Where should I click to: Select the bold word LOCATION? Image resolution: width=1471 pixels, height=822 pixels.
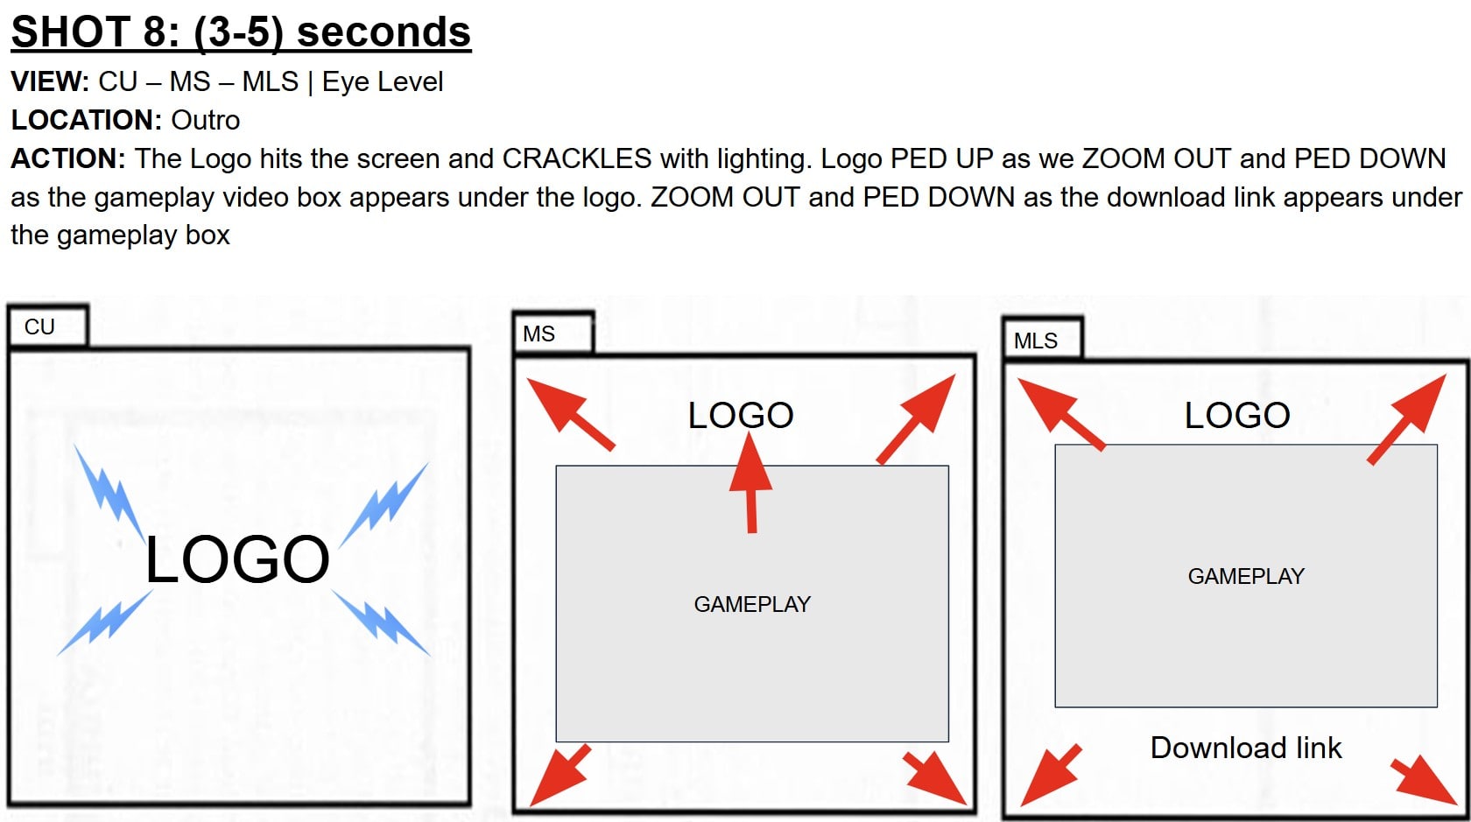87,120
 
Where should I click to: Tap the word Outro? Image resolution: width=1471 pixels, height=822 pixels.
206,120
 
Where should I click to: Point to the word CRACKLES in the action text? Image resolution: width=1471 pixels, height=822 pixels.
576,159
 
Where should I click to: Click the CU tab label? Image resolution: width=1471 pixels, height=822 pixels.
39,327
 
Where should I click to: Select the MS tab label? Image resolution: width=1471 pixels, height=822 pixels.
538,334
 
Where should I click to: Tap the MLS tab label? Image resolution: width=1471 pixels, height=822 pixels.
1036,341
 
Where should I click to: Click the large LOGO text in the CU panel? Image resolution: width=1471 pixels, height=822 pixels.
237,559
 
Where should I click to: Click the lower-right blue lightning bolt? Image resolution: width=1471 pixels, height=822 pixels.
381,622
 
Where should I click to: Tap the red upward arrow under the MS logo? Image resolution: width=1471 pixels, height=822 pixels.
750,481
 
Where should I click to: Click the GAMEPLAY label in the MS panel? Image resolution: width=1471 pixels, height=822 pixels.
753,605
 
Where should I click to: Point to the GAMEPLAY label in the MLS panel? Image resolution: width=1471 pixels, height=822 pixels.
1247,576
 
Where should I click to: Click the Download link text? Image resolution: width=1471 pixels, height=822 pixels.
1246,748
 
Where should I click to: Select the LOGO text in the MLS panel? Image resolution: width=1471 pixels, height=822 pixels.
1237,416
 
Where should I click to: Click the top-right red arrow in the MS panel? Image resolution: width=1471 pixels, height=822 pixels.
916,418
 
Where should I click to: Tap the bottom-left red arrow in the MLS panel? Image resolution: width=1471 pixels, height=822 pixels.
1051,775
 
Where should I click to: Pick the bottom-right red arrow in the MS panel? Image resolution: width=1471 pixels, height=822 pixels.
934,779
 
